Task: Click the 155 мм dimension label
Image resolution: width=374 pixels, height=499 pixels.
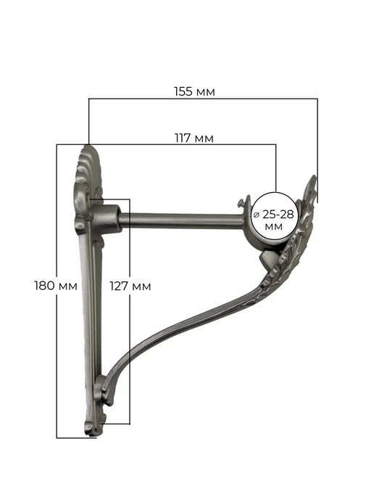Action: pos(194,91)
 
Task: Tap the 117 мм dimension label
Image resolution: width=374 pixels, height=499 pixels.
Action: pos(194,138)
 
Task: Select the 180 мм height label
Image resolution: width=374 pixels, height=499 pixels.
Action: pos(56,286)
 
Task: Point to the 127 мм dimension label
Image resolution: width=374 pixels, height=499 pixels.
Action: pos(130,286)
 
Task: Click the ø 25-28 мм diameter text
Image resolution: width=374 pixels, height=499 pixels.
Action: pos(274,220)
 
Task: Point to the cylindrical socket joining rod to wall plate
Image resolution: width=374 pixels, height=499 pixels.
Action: pos(107,218)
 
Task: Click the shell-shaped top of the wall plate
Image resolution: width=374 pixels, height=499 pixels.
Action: pos(88,169)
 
